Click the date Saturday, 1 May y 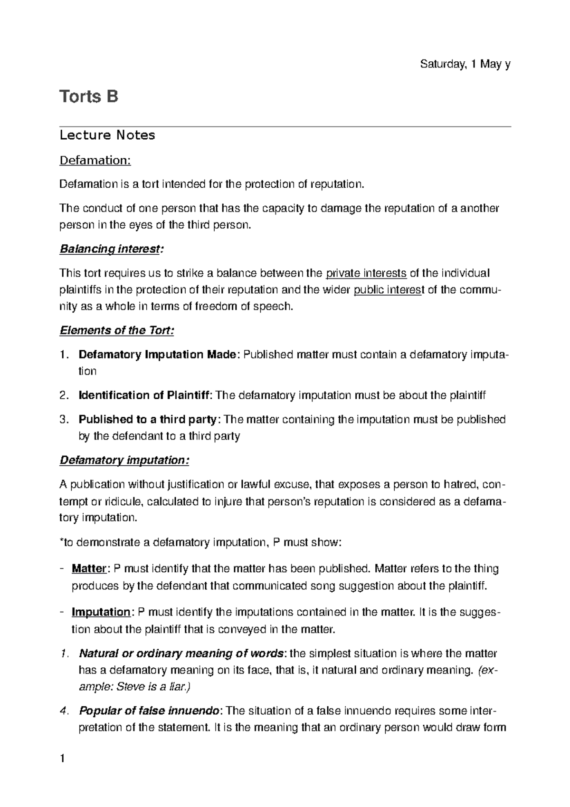[465, 65]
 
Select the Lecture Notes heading [107, 135]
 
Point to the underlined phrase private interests [366, 273]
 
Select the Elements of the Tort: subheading [116, 330]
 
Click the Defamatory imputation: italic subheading [124, 460]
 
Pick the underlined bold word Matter [88, 569]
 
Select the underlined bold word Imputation [101, 613]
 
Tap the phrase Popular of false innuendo [149, 711]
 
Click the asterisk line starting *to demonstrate [199, 542]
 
